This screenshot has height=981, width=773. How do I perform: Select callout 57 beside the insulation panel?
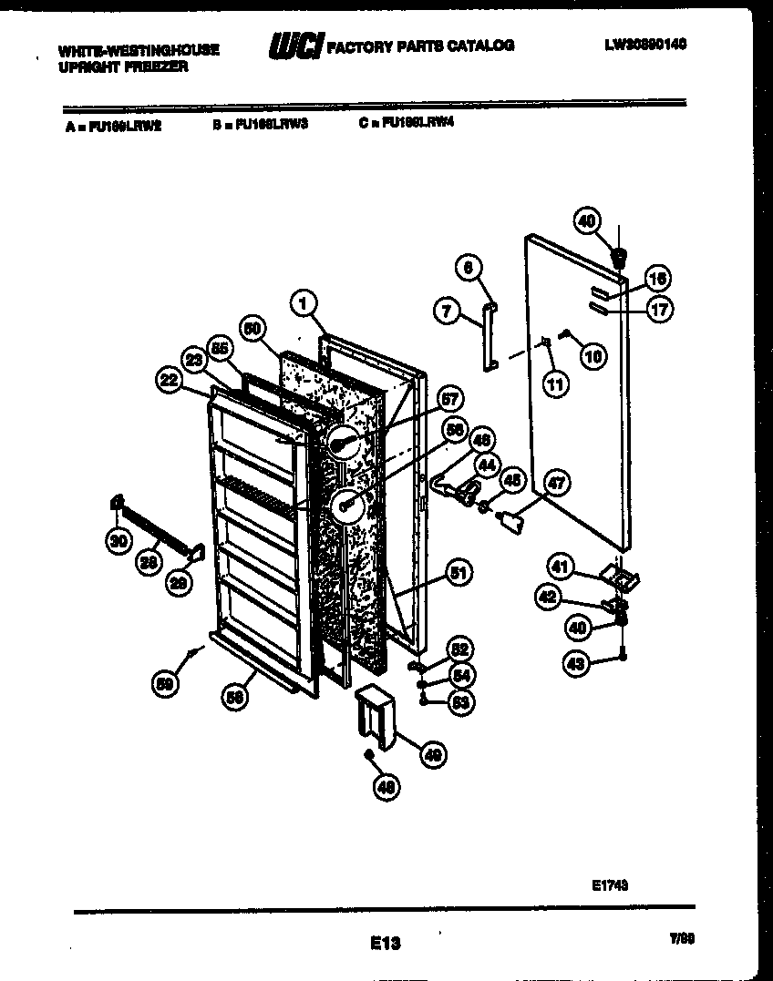(449, 398)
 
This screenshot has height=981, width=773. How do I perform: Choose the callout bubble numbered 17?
(659, 310)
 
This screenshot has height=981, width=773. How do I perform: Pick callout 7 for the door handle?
(446, 312)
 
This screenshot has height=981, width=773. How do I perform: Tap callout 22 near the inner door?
(168, 383)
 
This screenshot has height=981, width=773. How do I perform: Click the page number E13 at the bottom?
(386, 944)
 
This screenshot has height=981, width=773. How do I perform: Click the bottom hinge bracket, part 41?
(620, 577)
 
